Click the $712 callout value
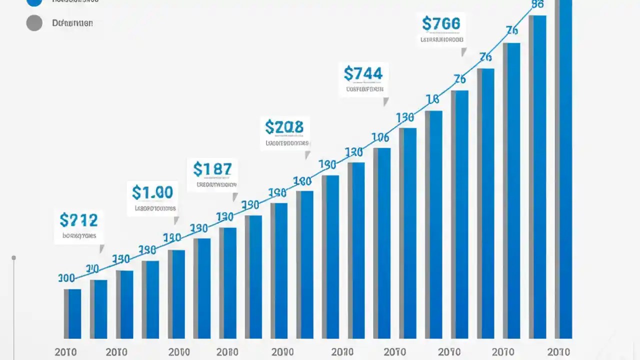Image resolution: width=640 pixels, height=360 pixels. click(78, 219)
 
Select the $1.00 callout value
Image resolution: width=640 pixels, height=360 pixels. click(152, 192)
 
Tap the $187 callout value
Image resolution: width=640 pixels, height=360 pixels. click(212, 169)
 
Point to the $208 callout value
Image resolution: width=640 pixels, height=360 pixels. click(284, 127)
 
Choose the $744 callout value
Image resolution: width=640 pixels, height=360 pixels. click(363, 73)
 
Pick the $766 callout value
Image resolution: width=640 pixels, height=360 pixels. click(440, 23)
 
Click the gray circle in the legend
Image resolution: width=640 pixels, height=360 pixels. click(34, 23)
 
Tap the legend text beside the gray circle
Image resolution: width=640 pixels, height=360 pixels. click(72, 23)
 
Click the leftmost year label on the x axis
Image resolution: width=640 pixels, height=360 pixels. click(66, 352)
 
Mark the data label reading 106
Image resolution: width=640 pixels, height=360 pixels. click(380, 137)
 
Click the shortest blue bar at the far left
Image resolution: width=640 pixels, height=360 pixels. click(74, 314)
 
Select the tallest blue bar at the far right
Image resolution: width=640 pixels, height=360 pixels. click(565, 170)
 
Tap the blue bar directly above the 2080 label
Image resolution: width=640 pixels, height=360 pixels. click(229, 283)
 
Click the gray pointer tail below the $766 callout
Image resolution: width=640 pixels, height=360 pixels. click(463, 51)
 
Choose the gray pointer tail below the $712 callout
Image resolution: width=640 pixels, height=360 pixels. click(101, 248)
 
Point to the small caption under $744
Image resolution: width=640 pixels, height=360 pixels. click(364, 89)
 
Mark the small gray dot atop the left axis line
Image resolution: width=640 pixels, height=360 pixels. click(14, 258)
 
